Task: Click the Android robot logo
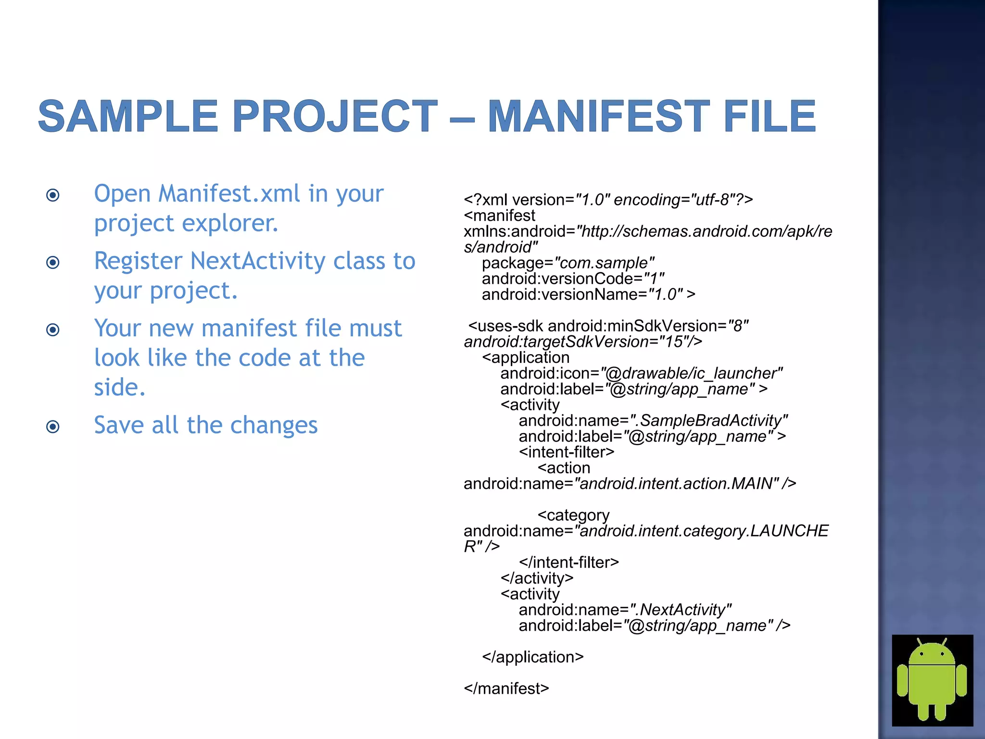[x=932, y=680]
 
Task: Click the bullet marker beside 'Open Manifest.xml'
[x=53, y=195]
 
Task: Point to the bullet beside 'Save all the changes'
[x=53, y=426]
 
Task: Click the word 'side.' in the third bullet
[x=119, y=387]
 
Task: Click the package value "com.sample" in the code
[x=604, y=263]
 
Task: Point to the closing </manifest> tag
[x=506, y=688]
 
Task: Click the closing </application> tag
[x=532, y=657]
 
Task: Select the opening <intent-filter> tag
[x=566, y=452]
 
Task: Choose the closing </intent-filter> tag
[x=568, y=562]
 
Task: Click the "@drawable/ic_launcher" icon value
[x=692, y=373]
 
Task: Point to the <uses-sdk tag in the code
[x=505, y=326]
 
